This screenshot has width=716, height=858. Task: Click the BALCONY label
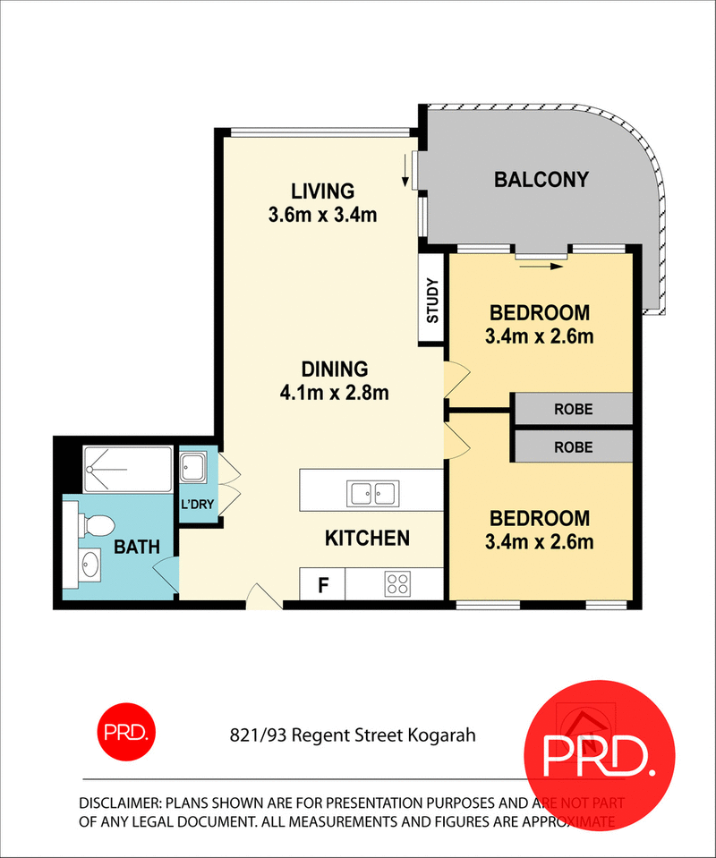click(541, 180)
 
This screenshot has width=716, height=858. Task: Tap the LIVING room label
click(322, 191)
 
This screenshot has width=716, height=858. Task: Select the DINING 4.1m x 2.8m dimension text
click(335, 391)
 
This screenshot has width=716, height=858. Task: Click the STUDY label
click(433, 302)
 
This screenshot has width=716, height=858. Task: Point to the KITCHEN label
click(367, 538)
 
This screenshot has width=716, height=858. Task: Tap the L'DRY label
click(197, 504)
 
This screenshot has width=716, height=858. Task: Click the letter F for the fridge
click(324, 587)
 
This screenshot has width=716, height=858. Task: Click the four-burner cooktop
click(397, 585)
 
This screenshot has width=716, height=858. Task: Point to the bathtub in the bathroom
click(127, 470)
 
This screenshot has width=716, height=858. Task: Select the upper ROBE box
click(573, 410)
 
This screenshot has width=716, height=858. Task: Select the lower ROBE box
click(573, 446)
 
